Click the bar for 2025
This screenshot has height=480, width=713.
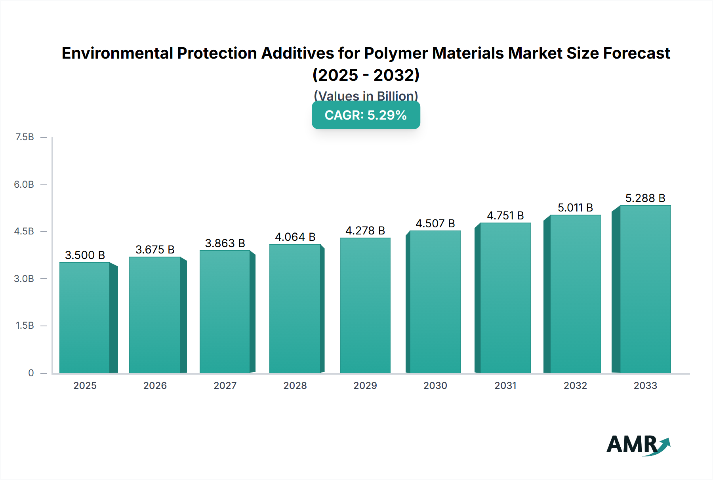point(85,318)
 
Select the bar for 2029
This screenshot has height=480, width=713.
point(365,305)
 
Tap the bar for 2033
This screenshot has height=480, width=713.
point(645,289)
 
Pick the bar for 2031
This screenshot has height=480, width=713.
point(505,298)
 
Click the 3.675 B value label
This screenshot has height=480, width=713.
point(155,250)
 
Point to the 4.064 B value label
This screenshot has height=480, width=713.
point(295,237)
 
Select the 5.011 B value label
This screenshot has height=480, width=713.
point(575,208)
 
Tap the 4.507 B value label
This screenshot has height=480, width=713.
point(435,223)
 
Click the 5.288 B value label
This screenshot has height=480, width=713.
point(645,198)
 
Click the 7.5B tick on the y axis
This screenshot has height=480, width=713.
point(25,137)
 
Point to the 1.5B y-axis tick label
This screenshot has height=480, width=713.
point(25,326)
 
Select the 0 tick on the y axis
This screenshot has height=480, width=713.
point(31,373)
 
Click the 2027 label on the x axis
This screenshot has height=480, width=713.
point(225,385)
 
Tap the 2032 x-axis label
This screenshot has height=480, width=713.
point(575,385)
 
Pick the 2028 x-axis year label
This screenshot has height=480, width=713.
point(295,385)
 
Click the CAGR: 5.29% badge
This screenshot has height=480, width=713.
point(366,115)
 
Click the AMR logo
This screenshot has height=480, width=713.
point(638,445)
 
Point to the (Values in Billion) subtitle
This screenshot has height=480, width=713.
point(366,95)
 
